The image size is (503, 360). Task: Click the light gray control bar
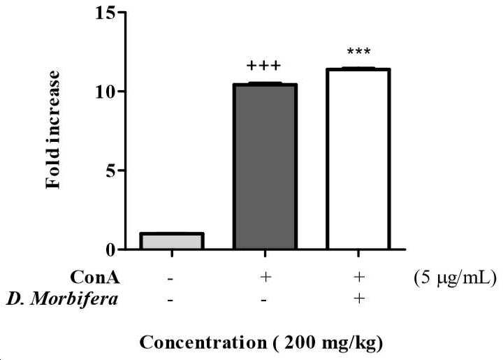[172, 240]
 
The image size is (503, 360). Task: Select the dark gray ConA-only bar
[265, 166]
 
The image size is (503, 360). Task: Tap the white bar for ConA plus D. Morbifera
[358, 159]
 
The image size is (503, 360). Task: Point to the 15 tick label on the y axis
[105, 13]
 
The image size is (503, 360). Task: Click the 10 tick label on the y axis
[105, 92]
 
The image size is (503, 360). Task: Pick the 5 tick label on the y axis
[110, 171]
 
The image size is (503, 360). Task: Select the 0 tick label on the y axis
[110, 250]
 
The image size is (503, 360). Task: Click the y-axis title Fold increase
[52, 129]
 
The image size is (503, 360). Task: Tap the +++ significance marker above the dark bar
[263, 66]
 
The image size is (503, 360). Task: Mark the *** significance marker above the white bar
[358, 51]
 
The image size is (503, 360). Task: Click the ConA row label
[95, 278]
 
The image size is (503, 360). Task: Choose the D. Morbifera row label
[62, 300]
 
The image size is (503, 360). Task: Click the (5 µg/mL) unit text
[455, 278]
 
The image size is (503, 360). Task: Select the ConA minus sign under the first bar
[170, 278]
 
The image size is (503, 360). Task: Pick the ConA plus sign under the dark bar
[265, 277]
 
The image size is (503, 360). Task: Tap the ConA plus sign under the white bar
[359, 277]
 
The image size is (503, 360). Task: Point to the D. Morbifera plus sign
[359, 298]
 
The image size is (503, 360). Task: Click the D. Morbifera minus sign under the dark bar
[263, 301]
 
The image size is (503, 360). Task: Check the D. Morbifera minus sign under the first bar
[170, 301]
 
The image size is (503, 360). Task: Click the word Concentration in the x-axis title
[203, 343]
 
